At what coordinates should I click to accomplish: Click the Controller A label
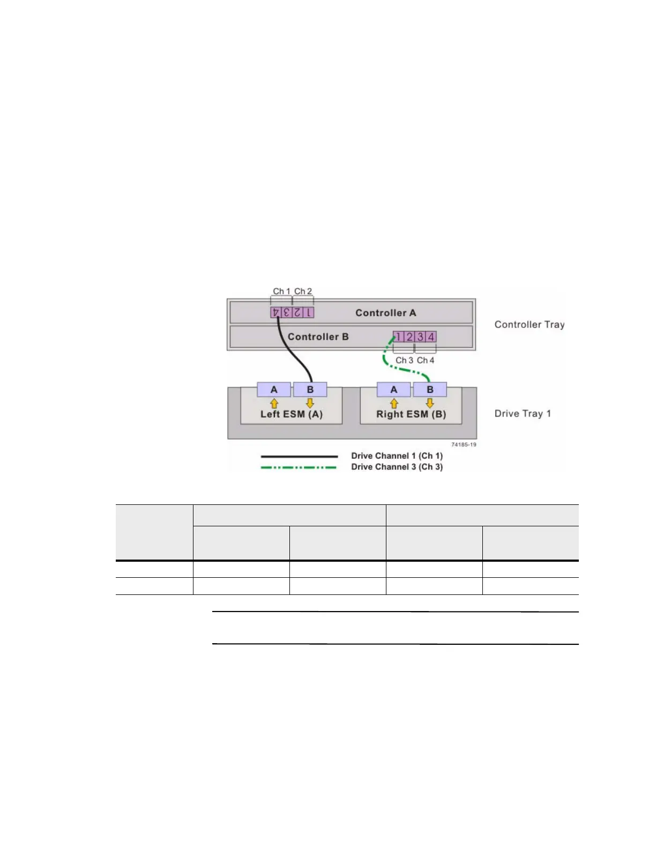tap(385, 313)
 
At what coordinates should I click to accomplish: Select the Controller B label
tap(318, 337)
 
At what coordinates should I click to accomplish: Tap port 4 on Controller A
tap(275, 312)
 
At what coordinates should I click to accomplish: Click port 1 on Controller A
tap(308, 312)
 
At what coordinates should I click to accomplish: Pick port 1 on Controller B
tap(398, 337)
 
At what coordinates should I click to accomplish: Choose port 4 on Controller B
tap(431, 337)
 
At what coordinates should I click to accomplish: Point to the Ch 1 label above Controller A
tap(281, 291)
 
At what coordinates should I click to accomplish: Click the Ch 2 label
tap(303, 291)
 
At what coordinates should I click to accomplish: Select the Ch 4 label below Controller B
tap(426, 360)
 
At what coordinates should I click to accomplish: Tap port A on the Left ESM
tap(274, 390)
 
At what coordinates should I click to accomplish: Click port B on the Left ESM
tap(310, 390)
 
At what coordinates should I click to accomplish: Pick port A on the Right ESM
tap(394, 390)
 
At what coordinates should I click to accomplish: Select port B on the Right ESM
tap(430, 390)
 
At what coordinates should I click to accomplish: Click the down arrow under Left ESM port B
tap(310, 403)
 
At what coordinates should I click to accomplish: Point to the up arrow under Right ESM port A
tap(394, 403)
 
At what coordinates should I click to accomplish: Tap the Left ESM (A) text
tap(291, 414)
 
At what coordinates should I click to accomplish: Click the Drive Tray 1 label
tap(523, 414)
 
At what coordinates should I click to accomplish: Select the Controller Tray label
tap(529, 325)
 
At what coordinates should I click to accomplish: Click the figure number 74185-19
tap(464, 444)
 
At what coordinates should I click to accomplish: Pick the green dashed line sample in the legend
tap(299, 467)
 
